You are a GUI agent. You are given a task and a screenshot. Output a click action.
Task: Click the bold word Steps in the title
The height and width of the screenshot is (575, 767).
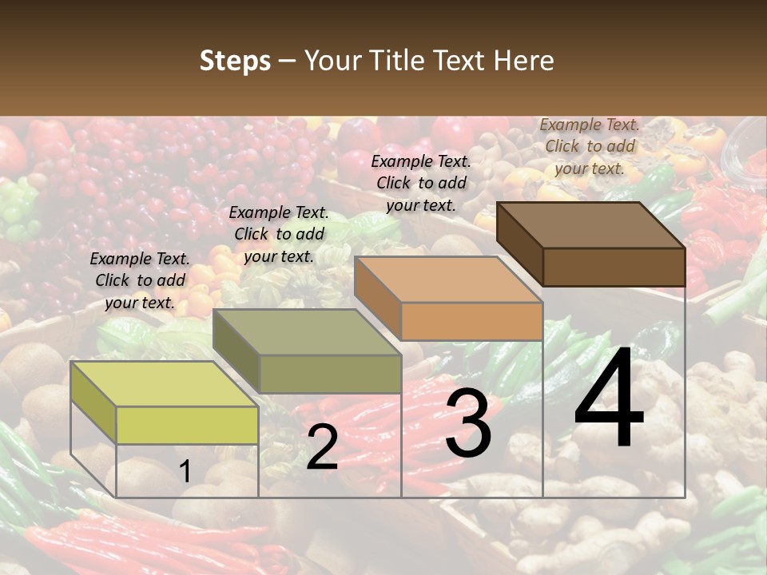235,61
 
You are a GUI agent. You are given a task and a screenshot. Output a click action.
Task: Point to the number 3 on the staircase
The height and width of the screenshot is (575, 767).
467,425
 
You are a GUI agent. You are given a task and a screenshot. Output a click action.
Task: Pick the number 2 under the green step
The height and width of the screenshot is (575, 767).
322,448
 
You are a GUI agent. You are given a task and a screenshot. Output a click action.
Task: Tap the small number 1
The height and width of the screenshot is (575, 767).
185,472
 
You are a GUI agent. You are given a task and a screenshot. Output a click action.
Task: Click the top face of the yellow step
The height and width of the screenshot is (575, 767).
164,384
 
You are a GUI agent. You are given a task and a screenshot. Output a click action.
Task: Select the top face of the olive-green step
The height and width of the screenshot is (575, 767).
307,331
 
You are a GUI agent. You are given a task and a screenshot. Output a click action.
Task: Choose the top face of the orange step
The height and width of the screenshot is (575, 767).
448,280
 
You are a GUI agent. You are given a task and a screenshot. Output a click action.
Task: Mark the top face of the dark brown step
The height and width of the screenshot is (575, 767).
591,224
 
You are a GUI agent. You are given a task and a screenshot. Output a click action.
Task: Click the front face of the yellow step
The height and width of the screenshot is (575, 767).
187,425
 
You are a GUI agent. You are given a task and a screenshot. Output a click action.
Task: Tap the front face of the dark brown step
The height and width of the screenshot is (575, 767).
614,267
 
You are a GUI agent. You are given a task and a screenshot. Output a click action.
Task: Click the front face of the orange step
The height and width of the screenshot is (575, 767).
471,322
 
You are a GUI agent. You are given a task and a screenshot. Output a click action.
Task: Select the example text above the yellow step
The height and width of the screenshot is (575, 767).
140,280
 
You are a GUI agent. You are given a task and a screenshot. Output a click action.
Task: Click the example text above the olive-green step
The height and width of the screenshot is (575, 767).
279,234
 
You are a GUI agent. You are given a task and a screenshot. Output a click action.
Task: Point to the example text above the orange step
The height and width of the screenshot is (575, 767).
421,183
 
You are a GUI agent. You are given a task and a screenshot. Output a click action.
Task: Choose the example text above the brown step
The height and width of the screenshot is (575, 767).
590,146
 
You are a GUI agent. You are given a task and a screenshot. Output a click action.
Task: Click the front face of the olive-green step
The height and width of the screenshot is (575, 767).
330,374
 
